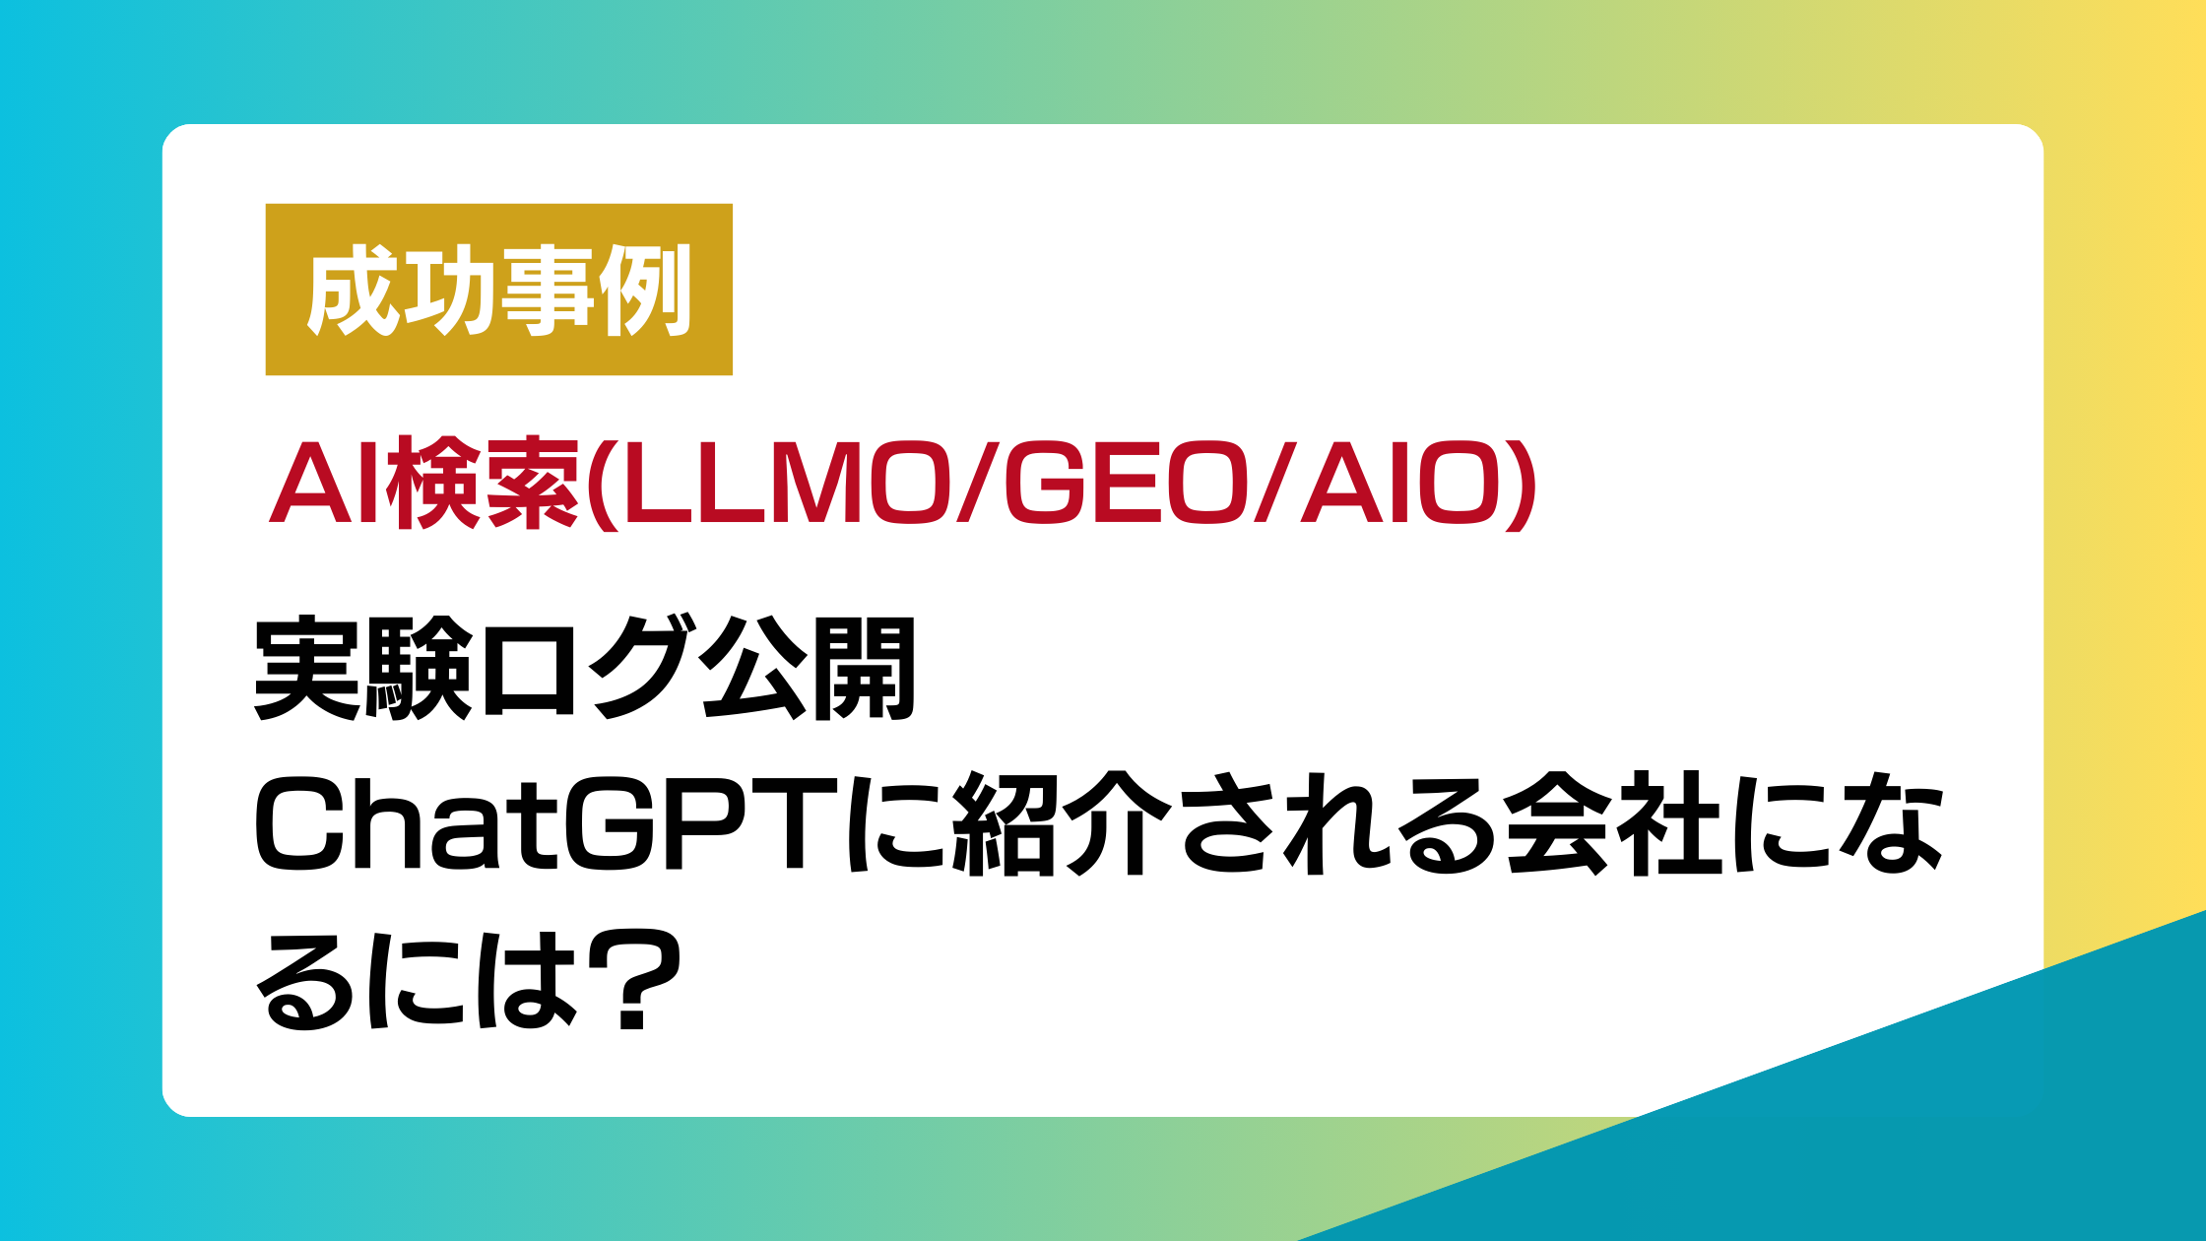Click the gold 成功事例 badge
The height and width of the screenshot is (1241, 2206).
(499, 290)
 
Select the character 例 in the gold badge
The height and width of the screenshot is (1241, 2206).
(645, 291)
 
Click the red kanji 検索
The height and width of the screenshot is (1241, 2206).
(483, 484)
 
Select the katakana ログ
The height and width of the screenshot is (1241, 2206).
(588, 668)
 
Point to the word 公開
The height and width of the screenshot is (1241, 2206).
(809, 668)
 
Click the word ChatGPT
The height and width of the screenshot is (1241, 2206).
(547, 823)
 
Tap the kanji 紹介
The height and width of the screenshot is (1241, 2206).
(1062, 823)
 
